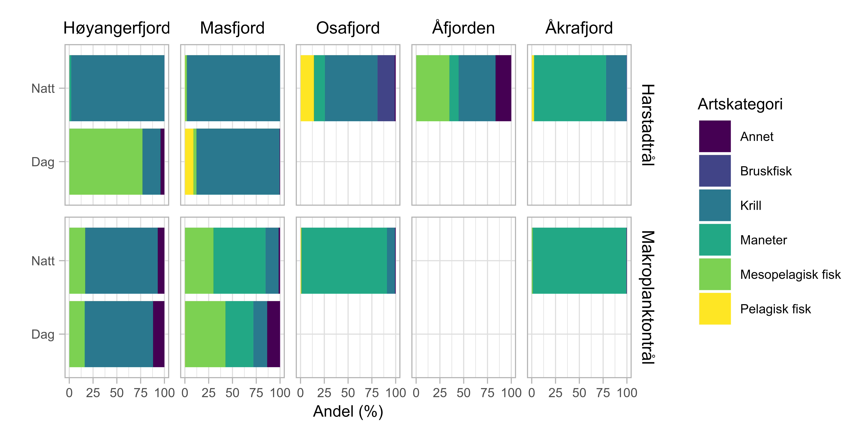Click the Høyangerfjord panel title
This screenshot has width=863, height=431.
click(117, 28)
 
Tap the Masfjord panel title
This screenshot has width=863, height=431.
click(232, 28)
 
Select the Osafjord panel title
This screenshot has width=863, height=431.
click(348, 28)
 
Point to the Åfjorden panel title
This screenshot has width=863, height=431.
click(463, 28)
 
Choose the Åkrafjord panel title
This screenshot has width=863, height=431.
click(579, 28)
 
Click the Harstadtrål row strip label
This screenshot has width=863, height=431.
click(648, 125)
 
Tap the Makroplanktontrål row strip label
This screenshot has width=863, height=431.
click(648, 297)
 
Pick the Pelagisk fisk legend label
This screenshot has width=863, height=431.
click(775, 309)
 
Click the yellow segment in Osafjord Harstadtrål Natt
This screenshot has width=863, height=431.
click(307, 88)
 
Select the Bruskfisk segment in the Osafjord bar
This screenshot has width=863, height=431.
click(386, 88)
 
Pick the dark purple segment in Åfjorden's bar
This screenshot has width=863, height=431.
click(503, 88)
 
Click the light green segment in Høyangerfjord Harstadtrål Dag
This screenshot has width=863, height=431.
click(106, 162)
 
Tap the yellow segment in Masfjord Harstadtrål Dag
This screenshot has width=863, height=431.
click(189, 162)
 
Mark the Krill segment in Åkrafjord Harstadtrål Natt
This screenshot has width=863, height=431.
click(616, 88)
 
